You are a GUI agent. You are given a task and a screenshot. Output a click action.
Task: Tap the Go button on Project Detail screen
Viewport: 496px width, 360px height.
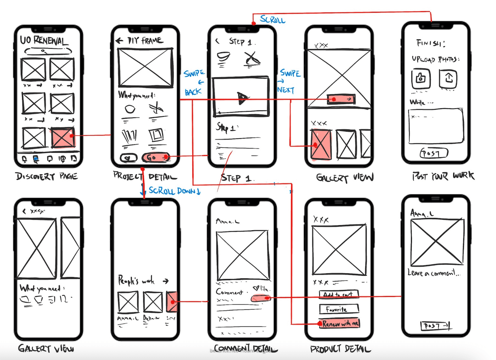click(x=156, y=157)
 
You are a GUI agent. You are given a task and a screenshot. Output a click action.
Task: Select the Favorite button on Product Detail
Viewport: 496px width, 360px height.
click(x=339, y=309)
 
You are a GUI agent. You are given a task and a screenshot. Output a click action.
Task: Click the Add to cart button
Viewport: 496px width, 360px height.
click(x=339, y=294)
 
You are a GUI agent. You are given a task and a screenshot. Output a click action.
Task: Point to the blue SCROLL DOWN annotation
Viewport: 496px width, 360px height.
click(x=174, y=191)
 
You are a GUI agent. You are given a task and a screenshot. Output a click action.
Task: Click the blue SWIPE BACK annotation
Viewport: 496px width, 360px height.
click(x=194, y=83)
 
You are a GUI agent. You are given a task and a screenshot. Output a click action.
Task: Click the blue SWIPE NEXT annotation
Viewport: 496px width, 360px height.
click(x=288, y=81)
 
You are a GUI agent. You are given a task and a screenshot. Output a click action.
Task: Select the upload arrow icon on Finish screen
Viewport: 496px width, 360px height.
click(x=448, y=78)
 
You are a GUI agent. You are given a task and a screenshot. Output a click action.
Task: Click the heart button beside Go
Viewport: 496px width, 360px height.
click(x=129, y=158)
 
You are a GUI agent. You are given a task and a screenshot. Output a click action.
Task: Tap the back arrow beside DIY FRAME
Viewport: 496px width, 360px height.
click(x=120, y=41)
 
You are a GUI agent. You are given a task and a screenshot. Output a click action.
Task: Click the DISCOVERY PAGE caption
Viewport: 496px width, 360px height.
click(x=46, y=177)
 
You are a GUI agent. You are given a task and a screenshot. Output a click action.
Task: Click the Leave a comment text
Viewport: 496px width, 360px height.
click(x=434, y=273)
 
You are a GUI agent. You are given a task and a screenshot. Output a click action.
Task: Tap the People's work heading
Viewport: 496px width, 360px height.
click(x=136, y=281)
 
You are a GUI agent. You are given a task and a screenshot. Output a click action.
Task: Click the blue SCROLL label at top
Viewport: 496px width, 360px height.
click(x=273, y=20)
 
